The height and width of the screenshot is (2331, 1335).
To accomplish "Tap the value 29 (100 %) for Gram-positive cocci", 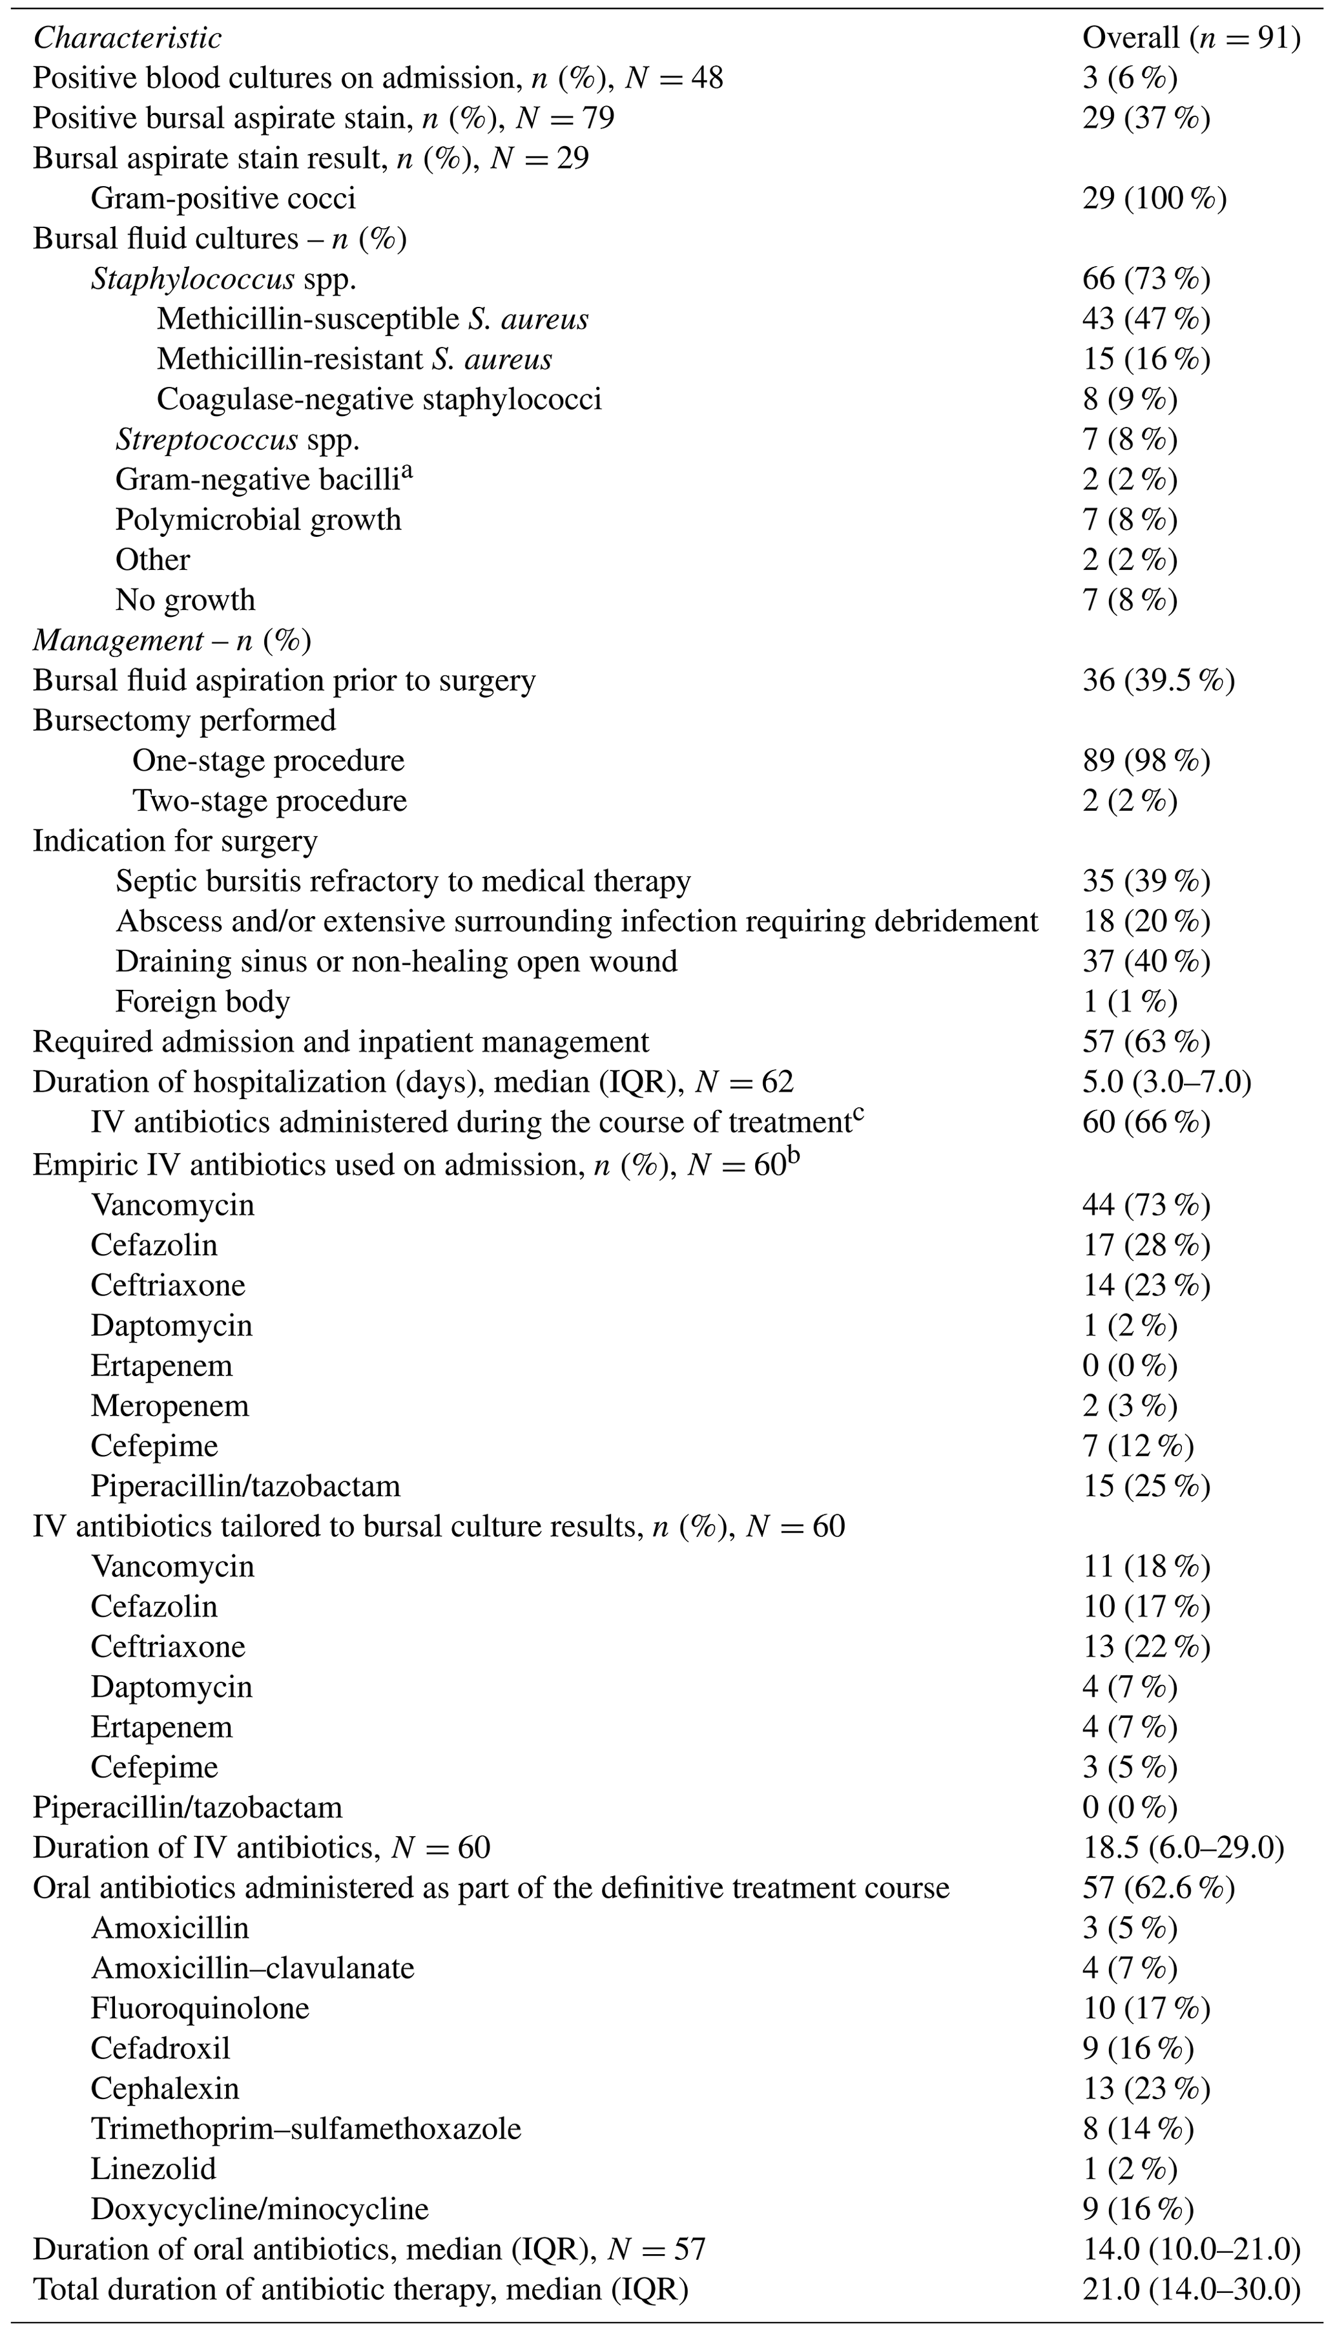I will (x=1154, y=198).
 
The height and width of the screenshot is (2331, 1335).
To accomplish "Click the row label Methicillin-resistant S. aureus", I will (x=354, y=359).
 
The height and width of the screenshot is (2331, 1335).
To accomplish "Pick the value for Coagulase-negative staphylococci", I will (x=1130, y=399).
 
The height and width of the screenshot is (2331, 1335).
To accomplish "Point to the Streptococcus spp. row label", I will (x=238, y=439).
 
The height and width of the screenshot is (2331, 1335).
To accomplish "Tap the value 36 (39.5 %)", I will (x=1158, y=680).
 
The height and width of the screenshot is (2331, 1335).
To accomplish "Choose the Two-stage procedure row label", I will (x=269, y=800).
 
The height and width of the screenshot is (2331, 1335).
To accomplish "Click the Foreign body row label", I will (x=203, y=1001).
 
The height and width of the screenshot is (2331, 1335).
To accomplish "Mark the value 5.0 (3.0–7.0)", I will (x=1166, y=1082).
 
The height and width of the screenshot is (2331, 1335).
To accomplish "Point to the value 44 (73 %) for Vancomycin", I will (x=1146, y=1204).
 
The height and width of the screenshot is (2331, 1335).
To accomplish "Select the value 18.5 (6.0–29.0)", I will (x=1183, y=1847).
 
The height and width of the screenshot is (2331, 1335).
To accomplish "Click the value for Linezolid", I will (x=1130, y=2169).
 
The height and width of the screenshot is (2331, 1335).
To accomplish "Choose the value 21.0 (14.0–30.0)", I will (x=1191, y=2290).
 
